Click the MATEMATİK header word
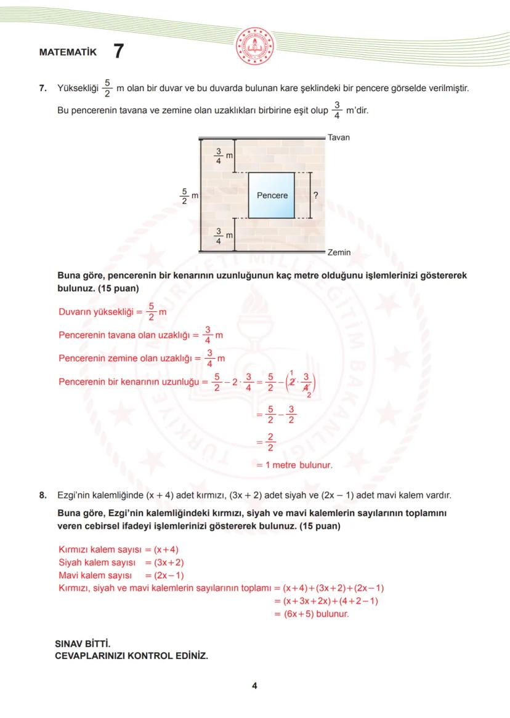click(x=68, y=52)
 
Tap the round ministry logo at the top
click(x=254, y=47)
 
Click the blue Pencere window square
click(x=272, y=196)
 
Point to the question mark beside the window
click(x=315, y=196)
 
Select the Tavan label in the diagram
click(x=338, y=137)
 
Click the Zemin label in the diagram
click(x=339, y=252)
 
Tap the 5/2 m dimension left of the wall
click(x=185, y=196)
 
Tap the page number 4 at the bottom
click(x=254, y=687)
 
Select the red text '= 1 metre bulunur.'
click(x=294, y=465)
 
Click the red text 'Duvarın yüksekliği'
click(x=95, y=312)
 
